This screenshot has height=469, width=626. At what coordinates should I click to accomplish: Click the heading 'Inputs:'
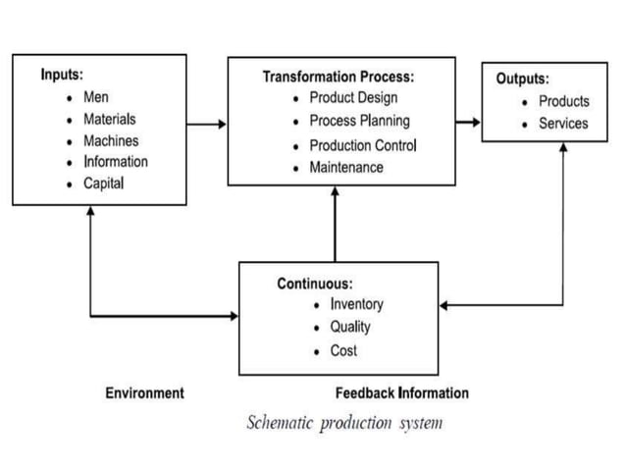(x=62, y=75)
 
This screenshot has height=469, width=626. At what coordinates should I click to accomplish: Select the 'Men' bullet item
(x=95, y=97)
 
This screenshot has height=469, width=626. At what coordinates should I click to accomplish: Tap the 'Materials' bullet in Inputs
(x=109, y=119)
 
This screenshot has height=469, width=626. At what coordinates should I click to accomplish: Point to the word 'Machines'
(x=110, y=140)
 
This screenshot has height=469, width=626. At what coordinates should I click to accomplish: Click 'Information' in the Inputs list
(x=116, y=162)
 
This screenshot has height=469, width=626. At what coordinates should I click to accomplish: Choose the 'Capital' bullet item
(x=103, y=183)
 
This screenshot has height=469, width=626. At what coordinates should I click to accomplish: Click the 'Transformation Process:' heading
(x=339, y=77)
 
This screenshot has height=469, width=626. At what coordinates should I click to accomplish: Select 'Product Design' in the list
(x=353, y=98)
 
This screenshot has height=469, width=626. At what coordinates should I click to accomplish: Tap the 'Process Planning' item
(x=359, y=122)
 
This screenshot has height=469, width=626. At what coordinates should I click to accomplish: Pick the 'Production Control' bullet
(x=363, y=145)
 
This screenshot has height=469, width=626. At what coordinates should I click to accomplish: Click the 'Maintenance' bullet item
(x=346, y=168)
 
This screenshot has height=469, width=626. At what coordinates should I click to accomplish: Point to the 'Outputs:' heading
(x=522, y=78)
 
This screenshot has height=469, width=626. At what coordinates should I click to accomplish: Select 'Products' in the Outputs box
(x=564, y=101)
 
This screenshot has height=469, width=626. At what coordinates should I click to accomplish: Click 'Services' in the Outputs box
(x=563, y=124)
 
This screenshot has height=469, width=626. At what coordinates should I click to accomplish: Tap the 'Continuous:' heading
(x=314, y=284)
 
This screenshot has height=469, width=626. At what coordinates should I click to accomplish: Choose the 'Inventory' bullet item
(x=356, y=304)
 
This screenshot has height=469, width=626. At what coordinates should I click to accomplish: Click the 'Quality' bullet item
(x=350, y=327)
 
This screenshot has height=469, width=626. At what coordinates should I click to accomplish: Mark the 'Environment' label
(x=144, y=393)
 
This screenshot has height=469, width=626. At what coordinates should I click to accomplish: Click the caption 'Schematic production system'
(x=344, y=423)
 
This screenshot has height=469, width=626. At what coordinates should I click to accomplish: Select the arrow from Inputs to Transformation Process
(x=206, y=125)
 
